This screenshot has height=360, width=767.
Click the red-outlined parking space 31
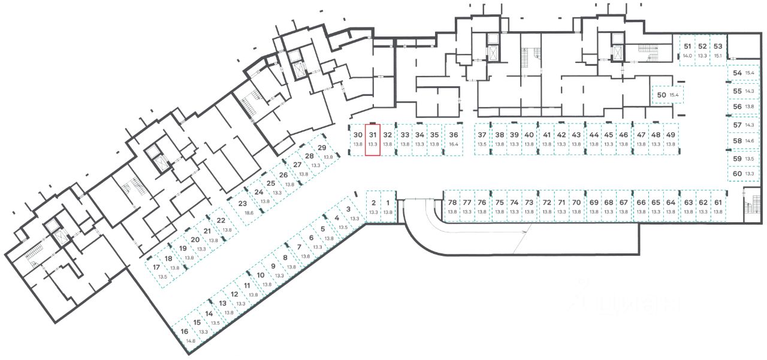pos(373,139)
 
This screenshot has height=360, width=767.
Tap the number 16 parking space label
pos(185,331)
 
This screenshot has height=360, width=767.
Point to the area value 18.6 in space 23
pos(249,213)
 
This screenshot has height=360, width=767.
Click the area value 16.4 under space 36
pos(454,144)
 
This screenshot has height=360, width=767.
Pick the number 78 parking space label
pos(452,202)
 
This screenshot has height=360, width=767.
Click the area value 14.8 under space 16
pos(191,341)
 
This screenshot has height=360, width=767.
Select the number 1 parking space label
pos(388,202)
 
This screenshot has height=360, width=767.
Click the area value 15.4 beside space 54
pos(748,72)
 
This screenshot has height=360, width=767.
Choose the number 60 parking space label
pos(737,173)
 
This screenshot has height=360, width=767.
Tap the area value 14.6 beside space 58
pos(748,141)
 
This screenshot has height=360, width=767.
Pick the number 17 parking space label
pos(156,267)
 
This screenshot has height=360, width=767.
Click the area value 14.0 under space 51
pos(687,55)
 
